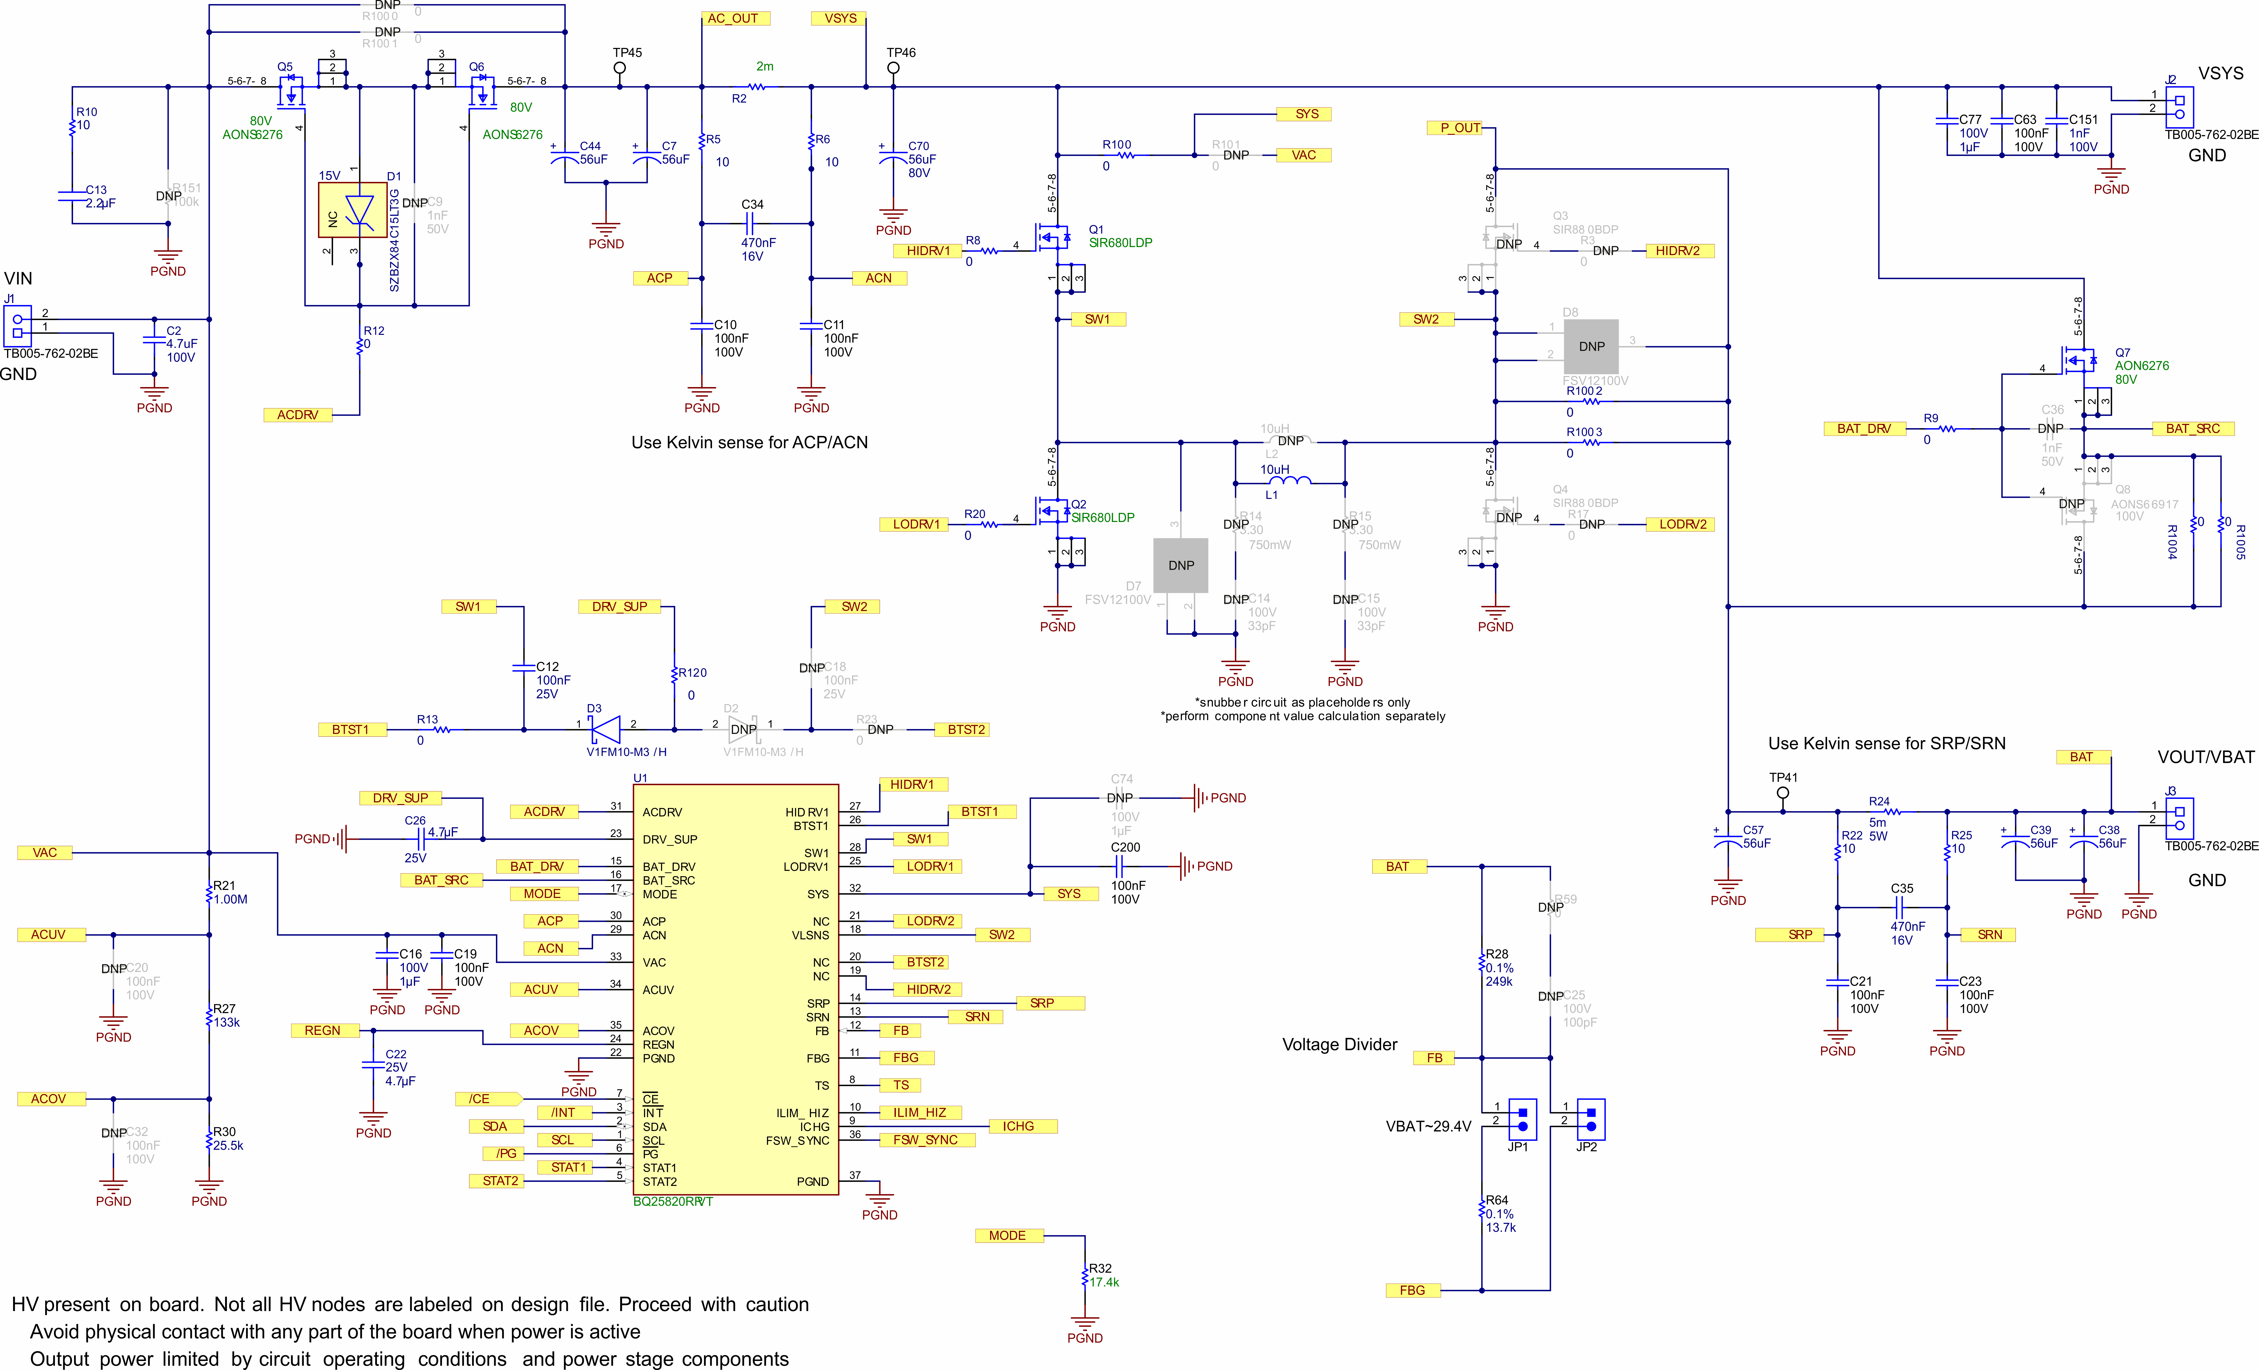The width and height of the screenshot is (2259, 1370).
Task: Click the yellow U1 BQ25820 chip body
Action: pos(735,990)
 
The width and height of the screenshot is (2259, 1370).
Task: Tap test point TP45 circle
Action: pos(620,68)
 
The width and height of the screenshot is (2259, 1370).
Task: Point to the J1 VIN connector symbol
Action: pos(17,326)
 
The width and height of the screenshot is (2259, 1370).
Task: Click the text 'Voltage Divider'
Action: pos(1339,1045)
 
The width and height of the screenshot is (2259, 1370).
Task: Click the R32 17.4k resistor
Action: pos(1085,1276)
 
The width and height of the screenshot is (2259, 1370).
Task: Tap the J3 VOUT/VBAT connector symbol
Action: pos(2179,817)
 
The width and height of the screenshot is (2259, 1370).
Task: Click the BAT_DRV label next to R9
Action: pos(1864,429)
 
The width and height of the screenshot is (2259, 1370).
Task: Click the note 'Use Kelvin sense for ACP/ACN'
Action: pos(749,443)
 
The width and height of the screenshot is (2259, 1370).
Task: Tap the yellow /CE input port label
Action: pos(486,1099)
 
